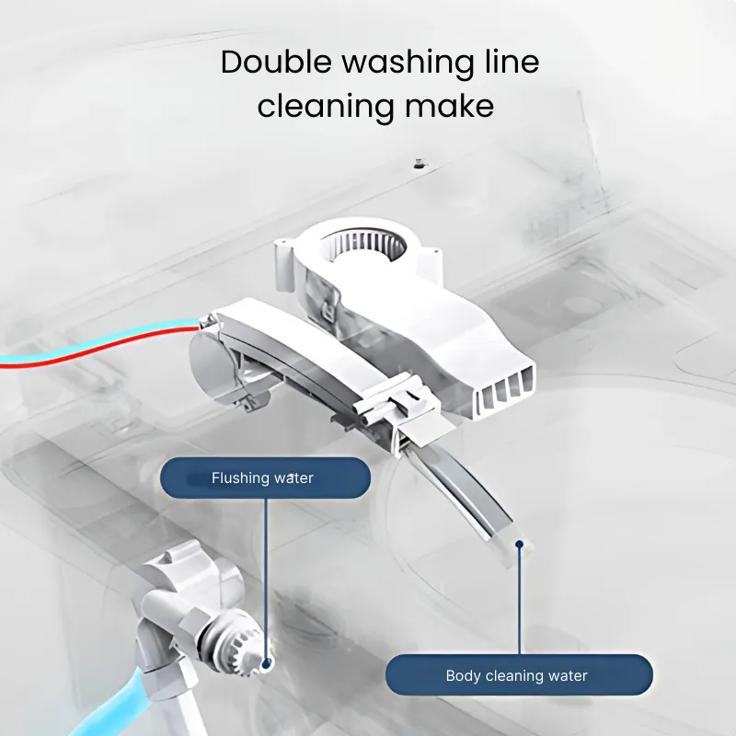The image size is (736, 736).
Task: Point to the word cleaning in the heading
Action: coord(324,106)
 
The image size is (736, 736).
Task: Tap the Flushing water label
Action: coord(264,477)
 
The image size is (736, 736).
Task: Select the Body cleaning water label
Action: coord(516,675)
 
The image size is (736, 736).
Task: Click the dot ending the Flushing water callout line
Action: coord(267,661)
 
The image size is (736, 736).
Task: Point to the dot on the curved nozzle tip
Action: coord(520,545)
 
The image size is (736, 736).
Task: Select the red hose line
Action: coord(92,351)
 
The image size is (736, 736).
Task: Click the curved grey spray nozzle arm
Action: coord(474,497)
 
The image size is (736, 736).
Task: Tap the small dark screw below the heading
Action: coord(419,164)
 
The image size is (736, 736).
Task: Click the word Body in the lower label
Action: coord(463,675)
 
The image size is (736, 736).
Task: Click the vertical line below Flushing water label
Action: coord(266,570)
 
